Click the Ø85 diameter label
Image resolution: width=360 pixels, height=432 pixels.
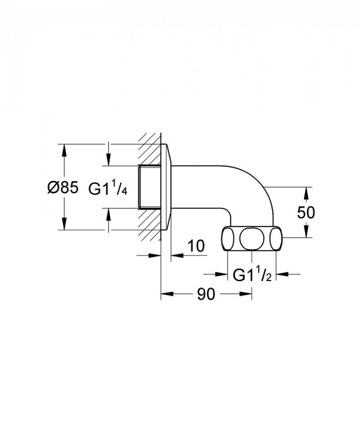(x=63, y=188)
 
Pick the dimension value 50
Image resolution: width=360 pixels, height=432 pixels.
(x=306, y=212)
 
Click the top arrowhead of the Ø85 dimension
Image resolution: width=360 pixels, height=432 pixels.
(x=64, y=150)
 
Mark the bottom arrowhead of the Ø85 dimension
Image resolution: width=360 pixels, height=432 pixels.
(x=64, y=224)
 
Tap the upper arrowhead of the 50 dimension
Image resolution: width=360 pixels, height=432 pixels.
(x=306, y=193)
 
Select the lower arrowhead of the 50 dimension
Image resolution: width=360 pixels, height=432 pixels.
(x=306, y=231)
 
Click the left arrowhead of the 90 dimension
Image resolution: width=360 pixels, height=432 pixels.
(x=167, y=294)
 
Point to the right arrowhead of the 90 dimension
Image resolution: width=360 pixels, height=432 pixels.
(x=246, y=294)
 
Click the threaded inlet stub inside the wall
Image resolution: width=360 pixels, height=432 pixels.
(x=148, y=187)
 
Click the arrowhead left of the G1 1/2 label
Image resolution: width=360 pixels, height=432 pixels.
(x=222, y=274)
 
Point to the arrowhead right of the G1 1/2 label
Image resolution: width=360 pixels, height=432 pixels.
(x=281, y=274)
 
